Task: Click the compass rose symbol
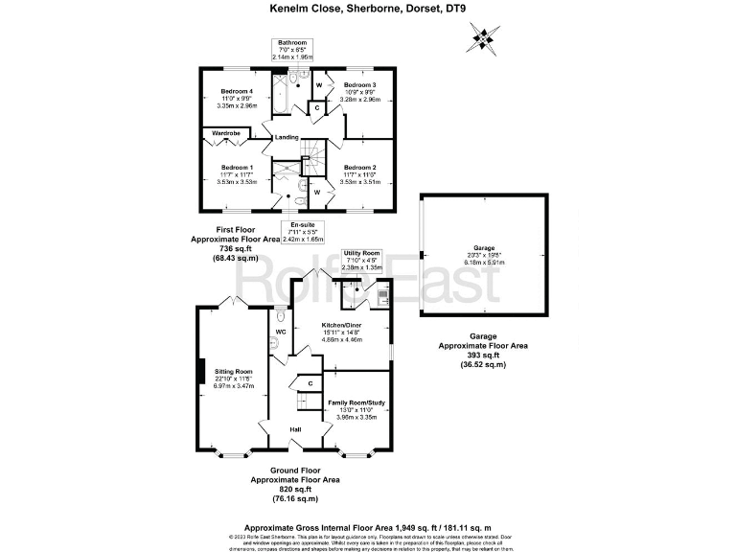pyautogui.click(x=482, y=39)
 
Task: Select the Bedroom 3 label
pyautogui.click(x=359, y=85)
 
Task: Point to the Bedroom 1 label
pyautogui.click(x=237, y=168)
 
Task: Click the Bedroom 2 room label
pyautogui.click(x=359, y=168)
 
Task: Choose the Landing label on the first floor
pyautogui.click(x=286, y=137)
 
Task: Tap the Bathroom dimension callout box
pyautogui.click(x=291, y=51)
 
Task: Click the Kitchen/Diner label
pyautogui.click(x=341, y=325)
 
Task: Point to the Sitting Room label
pyautogui.click(x=233, y=371)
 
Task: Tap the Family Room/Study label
pyautogui.click(x=356, y=403)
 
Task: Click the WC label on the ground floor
pyautogui.click(x=281, y=332)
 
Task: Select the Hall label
pyautogui.click(x=295, y=428)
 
